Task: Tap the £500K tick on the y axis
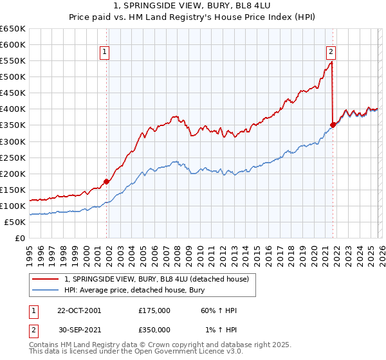click(13, 77)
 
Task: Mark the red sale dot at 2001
click(107, 182)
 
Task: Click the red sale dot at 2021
click(333, 125)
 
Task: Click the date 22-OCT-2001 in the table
click(79, 310)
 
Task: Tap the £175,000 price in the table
click(154, 310)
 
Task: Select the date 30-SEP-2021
click(79, 329)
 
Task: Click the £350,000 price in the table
click(154, 329)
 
